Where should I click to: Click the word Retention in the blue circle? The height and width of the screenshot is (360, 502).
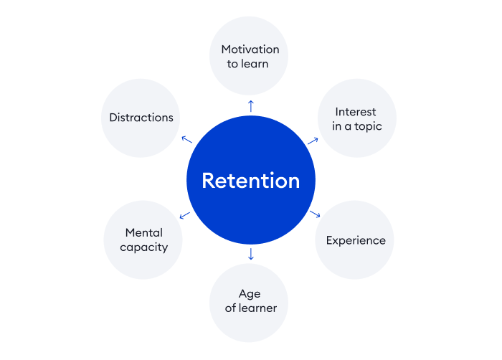[x=250, y=180]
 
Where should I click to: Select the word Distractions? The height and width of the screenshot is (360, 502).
[x=141, y=118]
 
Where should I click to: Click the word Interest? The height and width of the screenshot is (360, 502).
[x=356, y=112]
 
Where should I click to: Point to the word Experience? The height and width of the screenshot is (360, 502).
[x=356, y=240]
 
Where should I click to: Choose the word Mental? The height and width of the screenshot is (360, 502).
[x=143, y=232]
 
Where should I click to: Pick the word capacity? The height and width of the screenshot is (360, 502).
[x=143, y=247]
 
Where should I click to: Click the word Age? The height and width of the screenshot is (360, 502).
[x=249, y=294]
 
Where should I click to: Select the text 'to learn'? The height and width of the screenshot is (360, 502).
[x=250, y=65]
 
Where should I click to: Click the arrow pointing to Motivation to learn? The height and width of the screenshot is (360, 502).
[x=250, y=106]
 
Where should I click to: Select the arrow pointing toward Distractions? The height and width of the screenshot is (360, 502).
[x=186, y=139]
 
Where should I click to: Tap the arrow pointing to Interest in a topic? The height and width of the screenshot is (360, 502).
[x=313, y=140]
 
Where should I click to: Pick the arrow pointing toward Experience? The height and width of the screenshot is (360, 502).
[x=314, y=214]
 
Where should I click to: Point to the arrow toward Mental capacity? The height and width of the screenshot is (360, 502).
[x=185, y=214]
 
